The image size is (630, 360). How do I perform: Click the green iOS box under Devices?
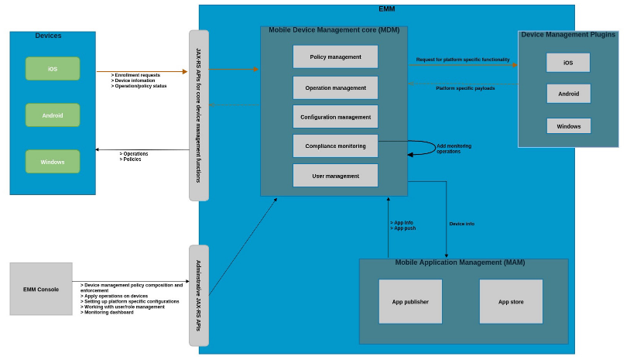click(x=53, y=69)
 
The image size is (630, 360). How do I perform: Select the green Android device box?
click(x=53, y=115)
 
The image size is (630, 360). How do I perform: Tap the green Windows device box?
click(x=53, y=162)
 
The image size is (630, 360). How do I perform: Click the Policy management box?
click(x=335, y=57)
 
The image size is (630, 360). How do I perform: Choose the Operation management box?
click(x=335, y=87)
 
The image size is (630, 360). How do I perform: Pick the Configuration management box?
click(x=335, y=117)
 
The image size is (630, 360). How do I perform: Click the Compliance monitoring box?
click(x=335, y=146)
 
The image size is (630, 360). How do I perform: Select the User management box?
click(x=335, y=176)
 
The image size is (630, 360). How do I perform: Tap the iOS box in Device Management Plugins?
click(x=568, y=63)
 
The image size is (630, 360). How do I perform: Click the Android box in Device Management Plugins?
click(x=568, y=94)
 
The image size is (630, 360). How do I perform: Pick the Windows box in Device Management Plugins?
click(x=568, y=125)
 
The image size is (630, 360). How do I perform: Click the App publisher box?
click(x=410, y=302)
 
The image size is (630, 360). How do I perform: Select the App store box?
click(x=511, y=302)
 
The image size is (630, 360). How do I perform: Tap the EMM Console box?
click(x=41, y=289)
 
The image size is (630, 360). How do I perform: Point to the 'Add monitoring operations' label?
click(x=454, y=149)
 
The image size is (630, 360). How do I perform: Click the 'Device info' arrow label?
click(x=462, y=224)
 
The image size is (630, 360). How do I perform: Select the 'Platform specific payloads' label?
click(x=465, y=88)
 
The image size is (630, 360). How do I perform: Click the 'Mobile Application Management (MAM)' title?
click(x=460, y=262)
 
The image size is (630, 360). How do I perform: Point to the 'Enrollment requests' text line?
click(x=138, y=75)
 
